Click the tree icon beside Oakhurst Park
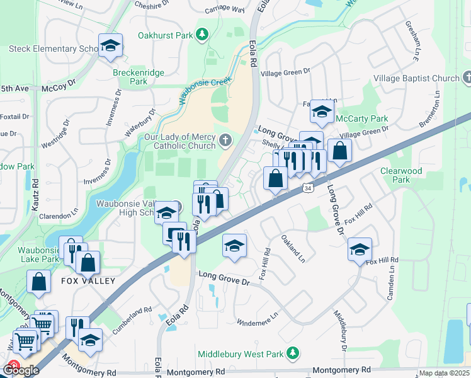[202, 35]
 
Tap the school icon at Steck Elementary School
[110, 46]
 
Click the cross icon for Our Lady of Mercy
[225, 140]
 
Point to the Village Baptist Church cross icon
[467, 77]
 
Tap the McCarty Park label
[363, 118]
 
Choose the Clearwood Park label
[401, 175]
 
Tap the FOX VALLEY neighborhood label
[88, 281]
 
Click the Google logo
[21, 370]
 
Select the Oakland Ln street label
[293, 249]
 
